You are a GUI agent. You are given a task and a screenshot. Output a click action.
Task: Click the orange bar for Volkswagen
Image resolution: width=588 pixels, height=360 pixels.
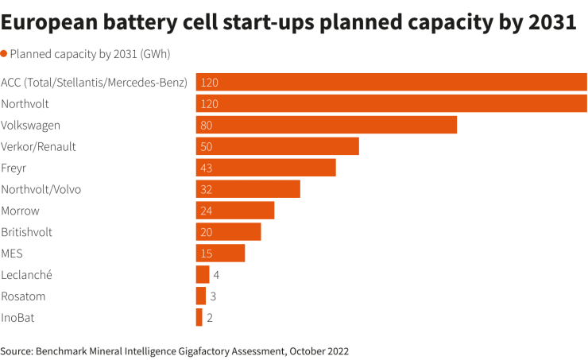(x=326, y=125)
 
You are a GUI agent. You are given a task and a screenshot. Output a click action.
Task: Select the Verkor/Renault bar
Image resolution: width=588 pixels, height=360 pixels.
(x=277, y=146)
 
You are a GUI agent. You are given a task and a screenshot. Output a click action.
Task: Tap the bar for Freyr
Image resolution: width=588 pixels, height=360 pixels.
(x=265, y=168)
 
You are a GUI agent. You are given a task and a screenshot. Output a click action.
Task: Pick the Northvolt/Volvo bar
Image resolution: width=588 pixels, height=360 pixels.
(x=248, y=189)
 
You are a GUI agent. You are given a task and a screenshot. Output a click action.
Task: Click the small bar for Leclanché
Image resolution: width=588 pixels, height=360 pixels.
(x=203, y=275)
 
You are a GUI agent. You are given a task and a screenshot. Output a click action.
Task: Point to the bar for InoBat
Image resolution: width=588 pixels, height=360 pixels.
(x=199, y=318)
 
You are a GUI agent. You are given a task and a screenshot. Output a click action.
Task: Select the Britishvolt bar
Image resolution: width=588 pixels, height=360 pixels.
(x=228, y=232)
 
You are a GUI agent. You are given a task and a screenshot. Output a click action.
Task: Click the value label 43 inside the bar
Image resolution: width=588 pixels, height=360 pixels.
(x=207, y=168)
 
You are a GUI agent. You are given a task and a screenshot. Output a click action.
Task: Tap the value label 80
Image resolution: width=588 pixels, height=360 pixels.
(x=207, y=125)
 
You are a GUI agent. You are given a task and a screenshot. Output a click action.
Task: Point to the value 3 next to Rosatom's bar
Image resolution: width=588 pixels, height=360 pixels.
(x=214, y=296)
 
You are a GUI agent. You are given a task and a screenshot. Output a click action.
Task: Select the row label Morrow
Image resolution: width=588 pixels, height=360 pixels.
(x=21, y=211)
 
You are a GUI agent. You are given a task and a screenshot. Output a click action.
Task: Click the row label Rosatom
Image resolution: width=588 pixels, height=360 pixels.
(x=23, y=296)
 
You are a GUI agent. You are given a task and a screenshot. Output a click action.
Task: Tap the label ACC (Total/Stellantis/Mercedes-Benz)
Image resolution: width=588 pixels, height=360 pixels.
(x=95, y=82)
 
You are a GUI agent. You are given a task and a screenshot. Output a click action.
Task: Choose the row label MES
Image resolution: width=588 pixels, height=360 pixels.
(x=12, y=254)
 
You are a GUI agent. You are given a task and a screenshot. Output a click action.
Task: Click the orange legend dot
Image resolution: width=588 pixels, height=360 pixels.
(x=4, y=54)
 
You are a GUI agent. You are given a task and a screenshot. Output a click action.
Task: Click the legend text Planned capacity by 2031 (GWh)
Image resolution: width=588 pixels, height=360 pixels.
(x=90, y=54)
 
